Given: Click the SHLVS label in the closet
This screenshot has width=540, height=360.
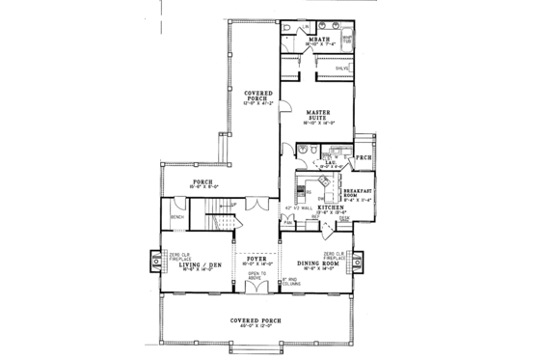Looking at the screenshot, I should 342,69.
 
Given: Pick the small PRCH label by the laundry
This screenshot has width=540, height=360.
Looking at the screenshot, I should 364,158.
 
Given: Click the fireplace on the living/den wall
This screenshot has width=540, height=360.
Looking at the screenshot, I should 156,262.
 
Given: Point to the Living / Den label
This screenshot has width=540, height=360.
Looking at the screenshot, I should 200,264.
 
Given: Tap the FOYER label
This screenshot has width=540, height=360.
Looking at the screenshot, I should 256,256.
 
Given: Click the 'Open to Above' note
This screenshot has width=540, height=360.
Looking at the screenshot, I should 256,277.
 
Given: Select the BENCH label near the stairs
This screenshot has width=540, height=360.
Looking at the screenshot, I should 177,218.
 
